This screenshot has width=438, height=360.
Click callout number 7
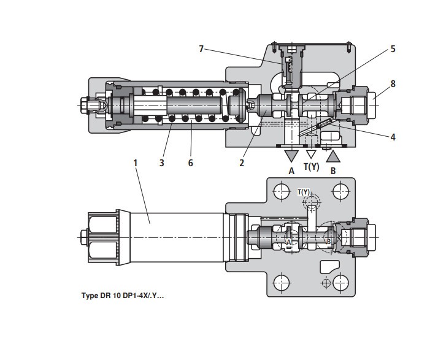pos(201,49)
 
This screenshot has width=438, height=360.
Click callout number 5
pos(393,49)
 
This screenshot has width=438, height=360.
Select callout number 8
pos(393,84)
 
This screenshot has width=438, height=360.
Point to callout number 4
pos(393,137)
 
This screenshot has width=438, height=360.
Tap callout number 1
pos(136,163)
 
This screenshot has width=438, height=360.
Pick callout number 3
pos(161,163)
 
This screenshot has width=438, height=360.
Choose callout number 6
pos(191,163)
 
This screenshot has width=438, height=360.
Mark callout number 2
pos(242,163)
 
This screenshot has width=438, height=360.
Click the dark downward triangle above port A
pos(291,156)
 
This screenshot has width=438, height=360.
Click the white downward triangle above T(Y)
pos(311,154)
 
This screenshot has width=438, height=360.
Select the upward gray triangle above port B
pos(333,156)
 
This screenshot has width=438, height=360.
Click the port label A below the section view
pos(291,171)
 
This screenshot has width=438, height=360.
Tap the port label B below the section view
pos(333,171)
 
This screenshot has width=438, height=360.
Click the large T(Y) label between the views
pos(312,167)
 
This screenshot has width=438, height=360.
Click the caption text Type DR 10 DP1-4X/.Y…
pos(123,296)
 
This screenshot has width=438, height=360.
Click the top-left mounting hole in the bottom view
pos(282,191)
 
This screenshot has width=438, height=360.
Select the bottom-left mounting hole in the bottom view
pos(282,283)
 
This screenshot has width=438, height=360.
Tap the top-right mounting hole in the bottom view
pos(341,191)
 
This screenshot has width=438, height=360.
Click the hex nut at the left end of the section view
pos(84,105)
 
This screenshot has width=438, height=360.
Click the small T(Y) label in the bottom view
pos(304,192)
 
